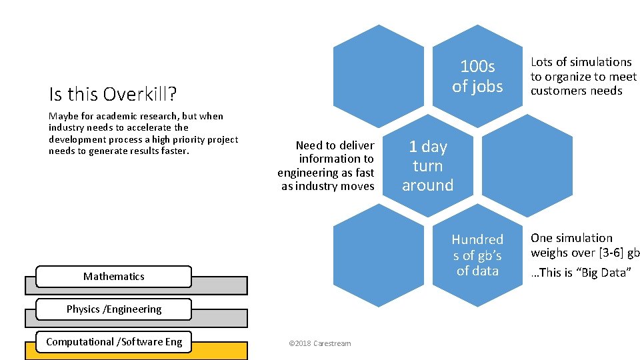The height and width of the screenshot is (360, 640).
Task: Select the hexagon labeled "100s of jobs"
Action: [477, 76]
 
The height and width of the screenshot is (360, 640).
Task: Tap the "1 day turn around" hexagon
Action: [427, 166]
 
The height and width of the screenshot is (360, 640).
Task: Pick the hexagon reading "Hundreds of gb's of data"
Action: [477, 255]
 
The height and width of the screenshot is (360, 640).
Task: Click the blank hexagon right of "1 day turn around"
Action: [527, 166]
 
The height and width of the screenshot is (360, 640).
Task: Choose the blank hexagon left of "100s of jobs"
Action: [378, 76]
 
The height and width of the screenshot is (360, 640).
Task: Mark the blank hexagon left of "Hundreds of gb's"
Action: [378, 255]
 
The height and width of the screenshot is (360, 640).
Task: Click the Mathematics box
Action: [113, 276]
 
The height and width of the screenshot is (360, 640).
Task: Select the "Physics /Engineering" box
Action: [113, 309]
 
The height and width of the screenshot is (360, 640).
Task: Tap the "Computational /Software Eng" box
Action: [113, 341]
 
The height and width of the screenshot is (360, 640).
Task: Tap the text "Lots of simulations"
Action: [581, 62]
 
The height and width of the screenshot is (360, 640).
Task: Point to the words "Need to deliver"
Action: [335, 145]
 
